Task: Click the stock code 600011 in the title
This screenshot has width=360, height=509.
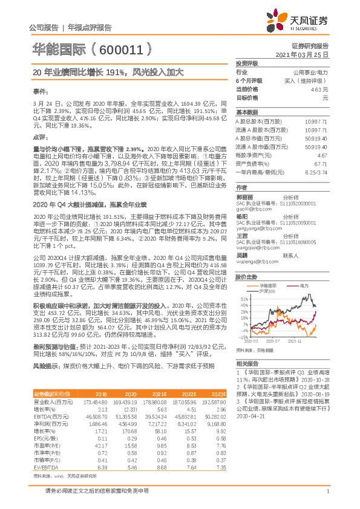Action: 119,48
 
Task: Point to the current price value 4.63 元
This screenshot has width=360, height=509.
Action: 319,89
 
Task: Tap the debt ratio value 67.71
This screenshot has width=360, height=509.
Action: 320,164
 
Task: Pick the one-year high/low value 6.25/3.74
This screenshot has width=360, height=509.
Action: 318,172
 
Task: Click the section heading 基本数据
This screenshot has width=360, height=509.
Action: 246,112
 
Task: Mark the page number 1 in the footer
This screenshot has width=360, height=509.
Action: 327,497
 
